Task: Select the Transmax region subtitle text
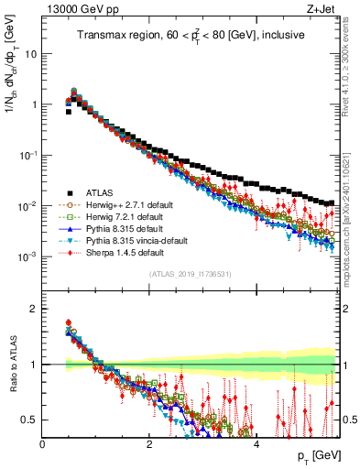(x=191, y=36)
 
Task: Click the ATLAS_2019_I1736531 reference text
(x=190, y=274)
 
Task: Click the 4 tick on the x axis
(x=256, y=443)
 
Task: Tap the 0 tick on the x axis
(x=43, y=443)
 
